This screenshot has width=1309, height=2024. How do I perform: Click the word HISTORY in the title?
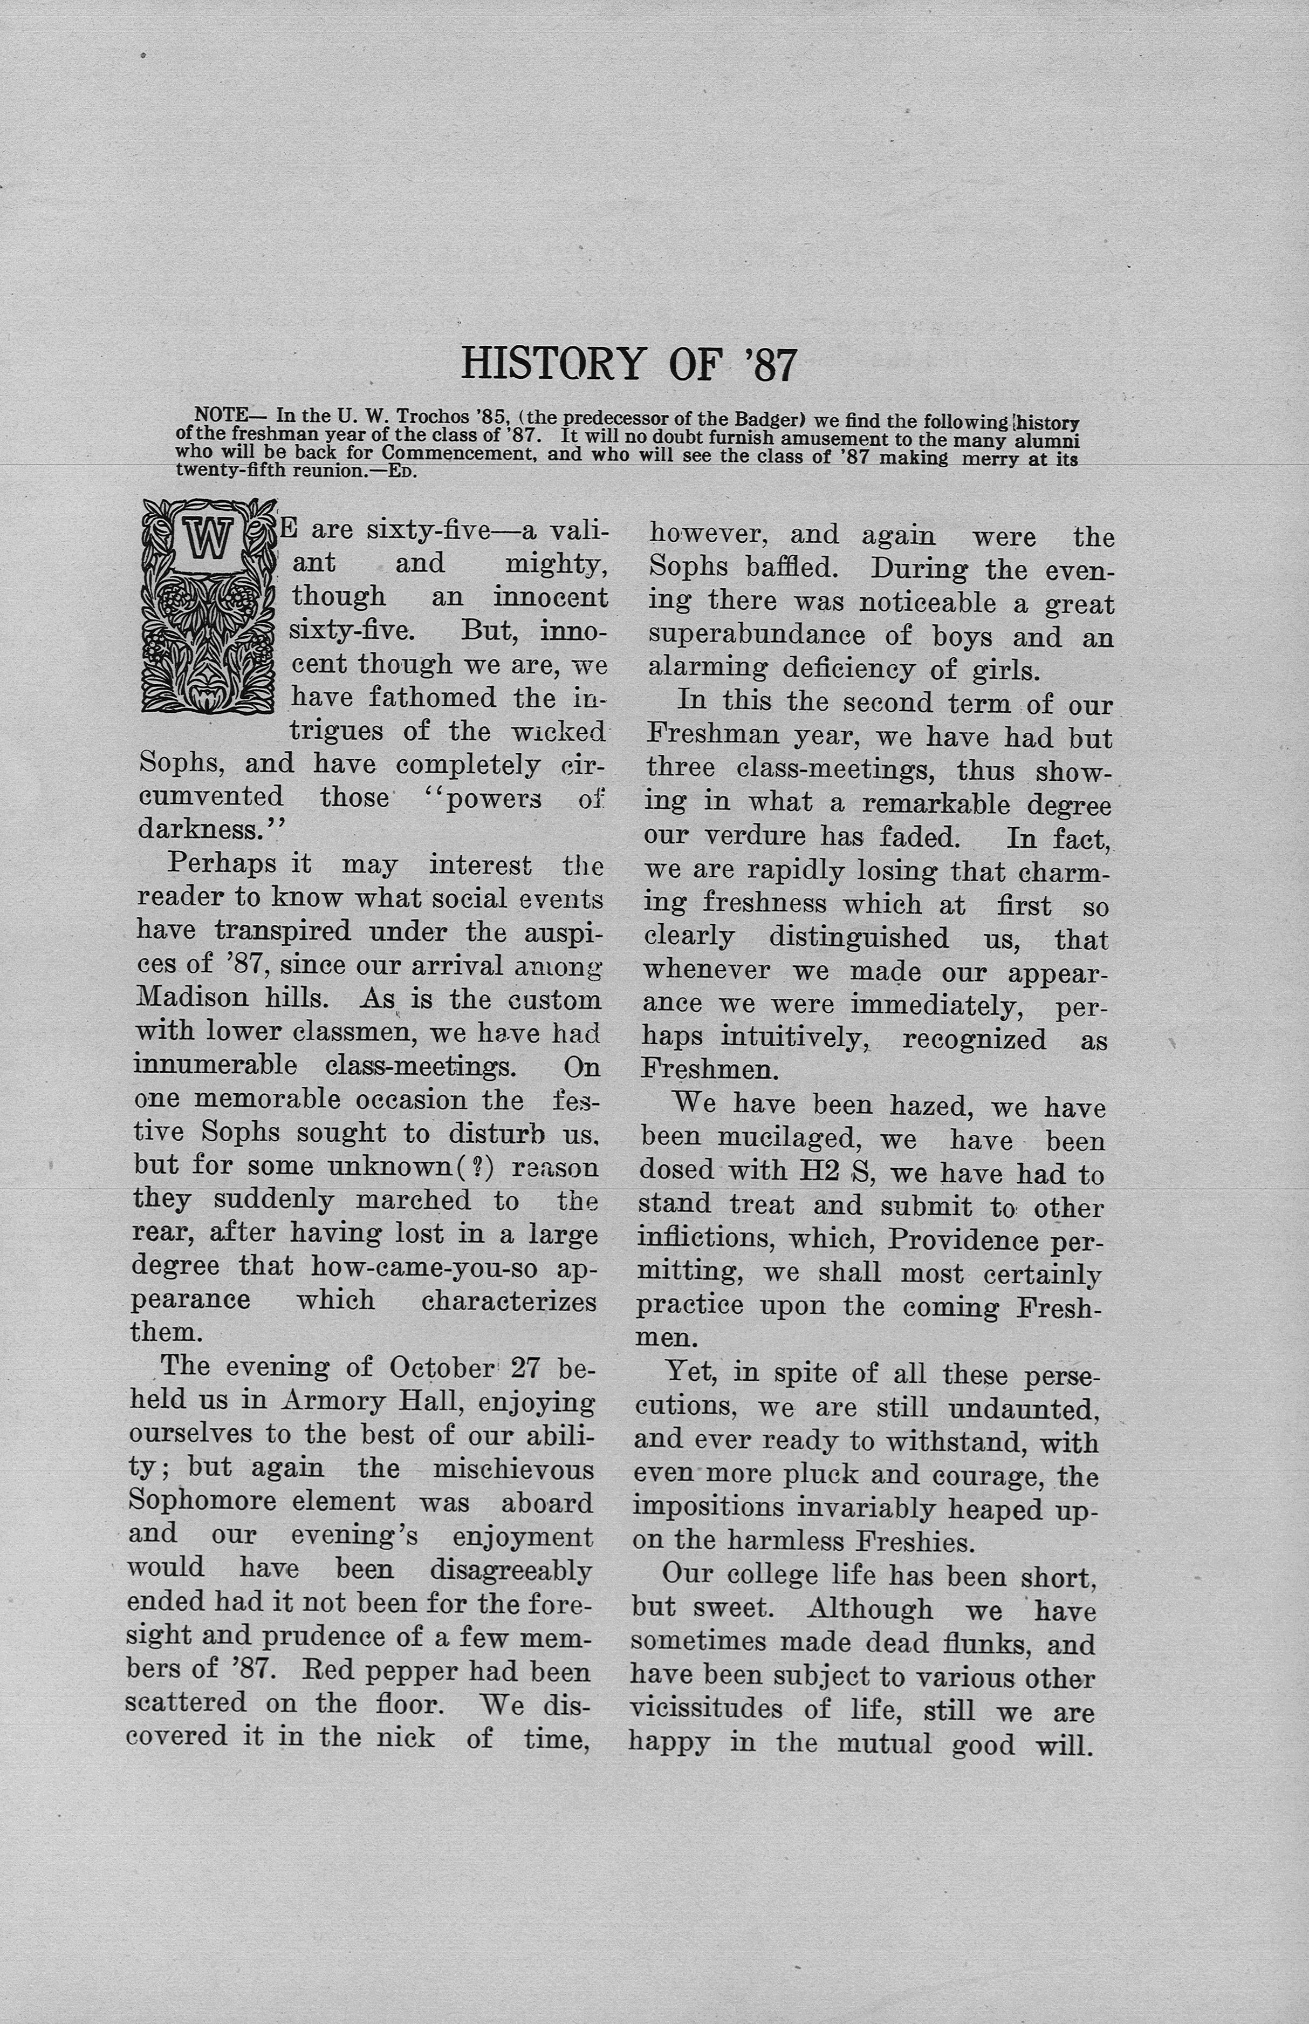coord(552,364)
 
